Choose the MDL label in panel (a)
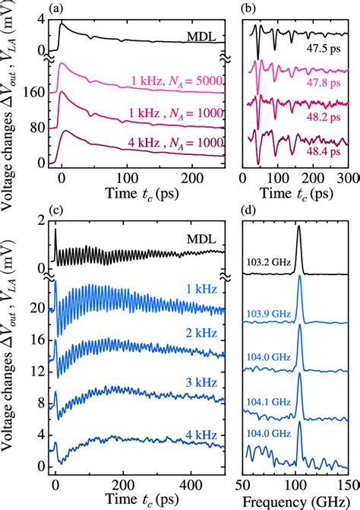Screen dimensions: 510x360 tap(204, 35)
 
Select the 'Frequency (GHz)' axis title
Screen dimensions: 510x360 tap(298, 500)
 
